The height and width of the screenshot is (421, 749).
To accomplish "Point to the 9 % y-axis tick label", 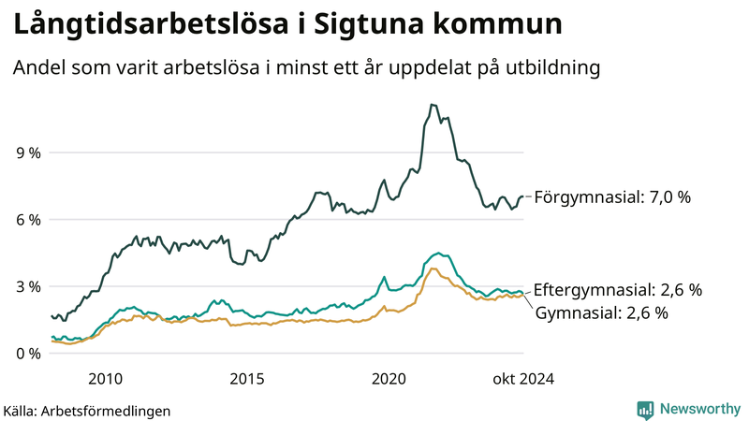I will (28, 152).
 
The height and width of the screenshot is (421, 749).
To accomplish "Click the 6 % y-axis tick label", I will (28, 220).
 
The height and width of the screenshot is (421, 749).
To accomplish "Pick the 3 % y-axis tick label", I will (28, 286).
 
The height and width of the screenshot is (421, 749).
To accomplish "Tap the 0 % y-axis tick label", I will (28, 354).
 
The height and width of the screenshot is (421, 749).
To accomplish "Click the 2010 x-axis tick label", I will (105, 379).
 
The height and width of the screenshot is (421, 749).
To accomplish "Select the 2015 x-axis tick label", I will (247, 379).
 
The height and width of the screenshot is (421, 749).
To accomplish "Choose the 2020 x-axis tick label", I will (389, 379).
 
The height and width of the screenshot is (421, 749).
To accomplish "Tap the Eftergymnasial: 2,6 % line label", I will (617, 290).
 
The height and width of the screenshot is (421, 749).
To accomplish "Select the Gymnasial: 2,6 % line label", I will (601, 313).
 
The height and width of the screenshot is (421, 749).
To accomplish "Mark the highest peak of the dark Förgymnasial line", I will (432, 105).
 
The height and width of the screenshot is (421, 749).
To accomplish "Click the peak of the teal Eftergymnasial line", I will (437, 253).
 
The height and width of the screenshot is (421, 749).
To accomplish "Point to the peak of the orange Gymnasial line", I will (433, 269).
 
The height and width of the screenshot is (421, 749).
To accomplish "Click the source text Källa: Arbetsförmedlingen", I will (87, 410).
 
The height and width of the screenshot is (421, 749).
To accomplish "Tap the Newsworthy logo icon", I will (645, 409).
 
